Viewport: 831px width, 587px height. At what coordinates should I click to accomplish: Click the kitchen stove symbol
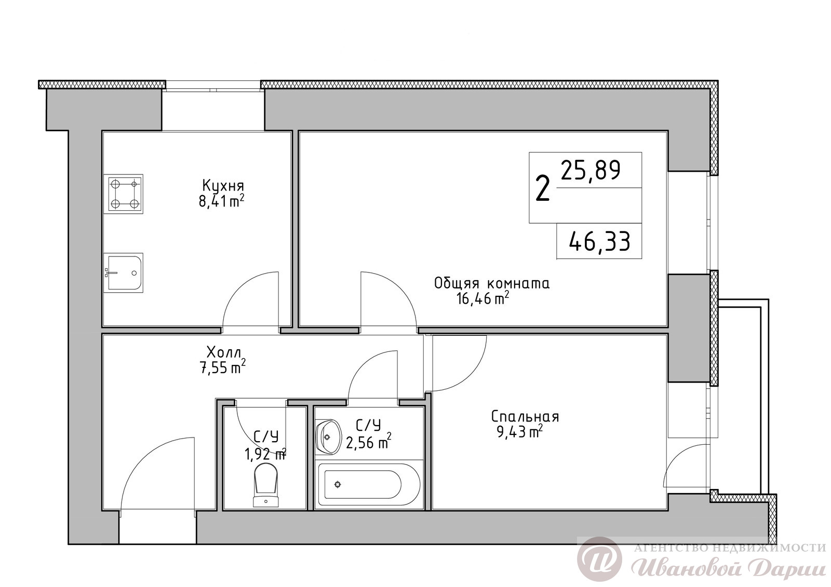click(124, 194)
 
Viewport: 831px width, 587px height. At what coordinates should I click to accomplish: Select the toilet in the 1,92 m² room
click(265, 486)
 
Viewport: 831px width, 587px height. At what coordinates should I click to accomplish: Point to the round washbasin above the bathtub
click(328, 437)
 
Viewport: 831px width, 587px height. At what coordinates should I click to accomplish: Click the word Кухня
click(223, 186)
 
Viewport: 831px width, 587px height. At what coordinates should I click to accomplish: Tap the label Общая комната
click(492, 284)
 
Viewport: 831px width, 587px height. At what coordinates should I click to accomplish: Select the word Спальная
click(525, 417)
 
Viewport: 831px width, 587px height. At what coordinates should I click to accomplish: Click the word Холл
click(224, 351)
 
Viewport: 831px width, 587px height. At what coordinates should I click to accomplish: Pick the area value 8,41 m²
click(221, 201)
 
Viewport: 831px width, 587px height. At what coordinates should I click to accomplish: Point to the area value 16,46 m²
click(482, 298)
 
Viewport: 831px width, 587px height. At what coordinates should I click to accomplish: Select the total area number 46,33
click(600, 242)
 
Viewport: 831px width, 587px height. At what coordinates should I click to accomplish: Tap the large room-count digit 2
click(542, 188)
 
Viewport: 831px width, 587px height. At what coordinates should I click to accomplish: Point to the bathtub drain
click(337, 484)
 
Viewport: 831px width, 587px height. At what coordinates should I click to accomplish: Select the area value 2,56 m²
click(368, 442)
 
